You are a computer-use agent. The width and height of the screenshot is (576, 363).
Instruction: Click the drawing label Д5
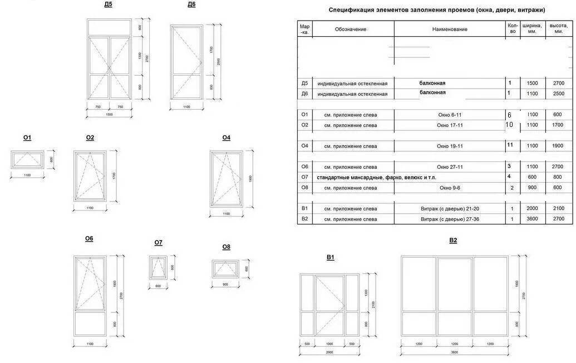coord(108,4)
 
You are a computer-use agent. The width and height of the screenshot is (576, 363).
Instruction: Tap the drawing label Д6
coord(191,4)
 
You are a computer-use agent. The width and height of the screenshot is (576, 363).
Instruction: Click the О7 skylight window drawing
coord(159,267)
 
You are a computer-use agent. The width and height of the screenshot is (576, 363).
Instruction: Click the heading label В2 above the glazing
coord(453,241)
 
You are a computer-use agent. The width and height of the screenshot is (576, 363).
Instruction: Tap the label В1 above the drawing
coord(330,257)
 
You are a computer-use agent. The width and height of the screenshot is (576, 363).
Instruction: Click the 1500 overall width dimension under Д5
coord(109,115)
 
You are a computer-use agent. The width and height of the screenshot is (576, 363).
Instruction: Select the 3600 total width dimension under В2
coord(454,352)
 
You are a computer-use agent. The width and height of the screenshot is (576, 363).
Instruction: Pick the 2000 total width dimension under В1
coord(329,352)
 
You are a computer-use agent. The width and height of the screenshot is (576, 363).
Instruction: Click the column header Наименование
coord(450,29)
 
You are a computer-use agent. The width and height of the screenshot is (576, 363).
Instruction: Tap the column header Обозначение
coord(351,29)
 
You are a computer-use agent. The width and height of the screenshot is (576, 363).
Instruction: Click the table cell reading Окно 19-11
coord(450,146)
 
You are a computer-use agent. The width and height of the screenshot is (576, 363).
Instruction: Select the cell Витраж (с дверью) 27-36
coord(450,219)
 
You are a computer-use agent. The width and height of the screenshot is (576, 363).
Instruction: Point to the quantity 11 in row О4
coord(509,145)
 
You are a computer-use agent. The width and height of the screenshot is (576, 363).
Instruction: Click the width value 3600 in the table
coord(532,219)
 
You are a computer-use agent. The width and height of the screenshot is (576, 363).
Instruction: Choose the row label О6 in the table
coord(304,167)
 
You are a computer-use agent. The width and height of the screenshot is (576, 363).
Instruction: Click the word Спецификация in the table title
coord(349,10)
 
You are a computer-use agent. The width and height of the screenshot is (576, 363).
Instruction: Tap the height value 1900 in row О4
coord(558,146)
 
